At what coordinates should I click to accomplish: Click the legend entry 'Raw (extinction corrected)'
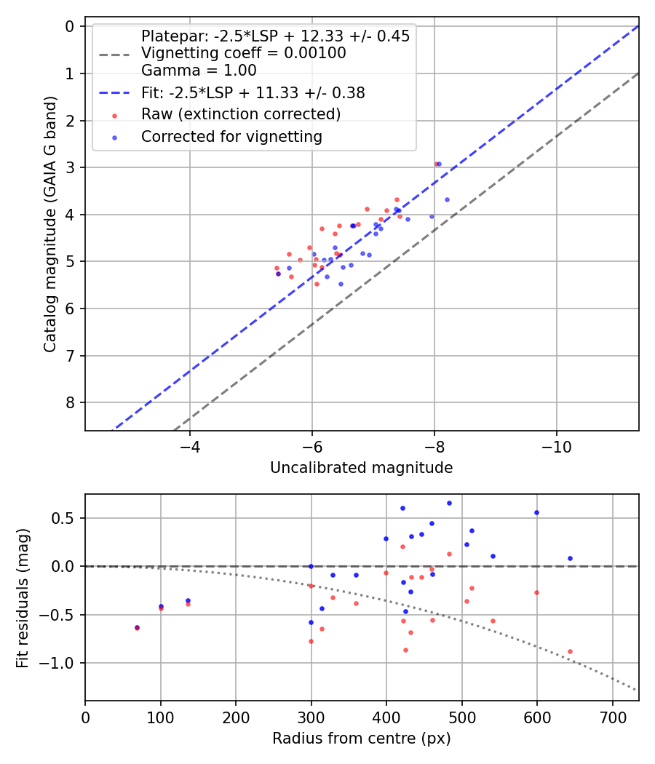(241, 114)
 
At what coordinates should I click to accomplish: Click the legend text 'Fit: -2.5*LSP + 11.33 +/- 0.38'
(253, 93)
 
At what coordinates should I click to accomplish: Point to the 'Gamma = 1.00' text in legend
(199, 71)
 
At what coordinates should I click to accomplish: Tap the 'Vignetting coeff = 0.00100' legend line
(244, 53)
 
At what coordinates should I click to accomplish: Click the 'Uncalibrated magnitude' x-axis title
(361, 468)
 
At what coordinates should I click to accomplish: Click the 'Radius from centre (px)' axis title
(361, 739)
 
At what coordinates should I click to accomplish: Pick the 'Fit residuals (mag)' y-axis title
(23, 597)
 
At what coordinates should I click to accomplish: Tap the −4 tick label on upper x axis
(190, 445)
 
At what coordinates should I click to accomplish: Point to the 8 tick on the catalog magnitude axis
(70, 403)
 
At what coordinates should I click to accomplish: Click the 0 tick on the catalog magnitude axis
(70, 27)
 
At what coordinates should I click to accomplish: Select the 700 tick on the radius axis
(612, 716)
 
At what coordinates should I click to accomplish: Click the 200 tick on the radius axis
(236, 716)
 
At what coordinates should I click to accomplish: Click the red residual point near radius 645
(570, 651)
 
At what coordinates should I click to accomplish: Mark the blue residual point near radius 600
(536, 512)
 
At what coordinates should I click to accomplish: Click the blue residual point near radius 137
(188, 600)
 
